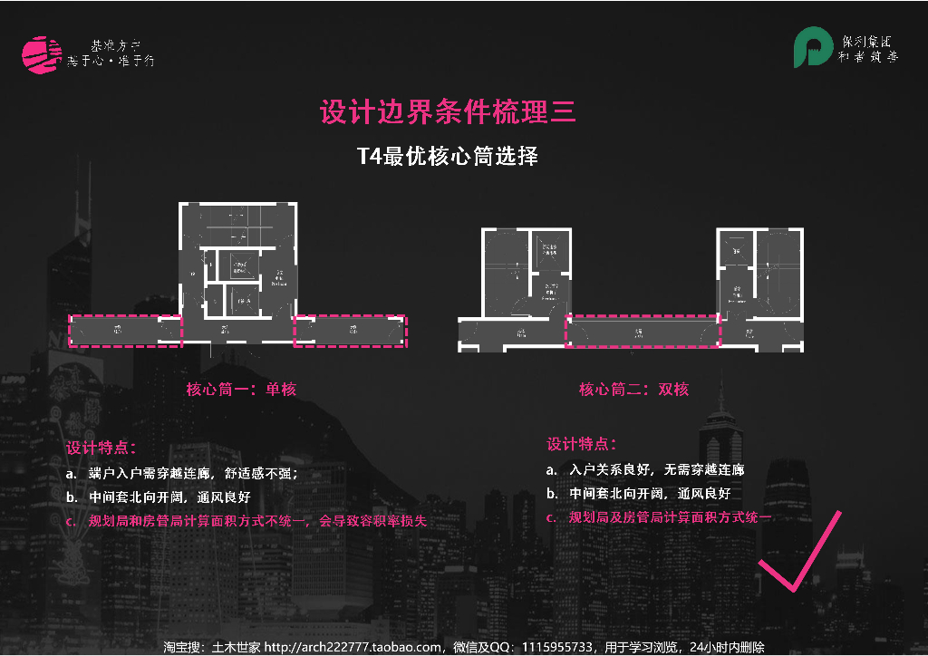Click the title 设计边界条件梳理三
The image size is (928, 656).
pyautogui.click(x=448, y=112)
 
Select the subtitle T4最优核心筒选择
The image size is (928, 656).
pyautogui.click(x=448, y=156)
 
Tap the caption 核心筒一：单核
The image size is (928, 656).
pyautogui.click(x=241, y=390)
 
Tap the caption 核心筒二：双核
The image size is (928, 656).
pyautogui.click(x=634, y=390)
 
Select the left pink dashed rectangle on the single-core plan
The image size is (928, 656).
pyautogui.click(x=125, y=331)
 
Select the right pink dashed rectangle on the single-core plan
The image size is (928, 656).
pyautogui.click(x=351, y=331)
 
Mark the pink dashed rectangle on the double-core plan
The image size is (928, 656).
pyautogui.click(x=643, y=333)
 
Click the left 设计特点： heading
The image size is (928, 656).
pyautogui.click(x=101, y=448)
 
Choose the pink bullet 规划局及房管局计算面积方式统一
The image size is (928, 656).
pyautogui.click(x=671, y=517)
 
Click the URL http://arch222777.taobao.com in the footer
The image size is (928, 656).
pyautogui.click(x=353, y=647)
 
